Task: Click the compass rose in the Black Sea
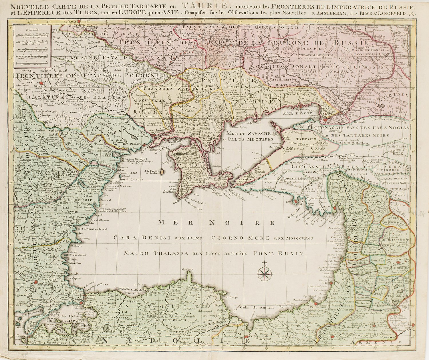pyautogui.click(x=265, y=273)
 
